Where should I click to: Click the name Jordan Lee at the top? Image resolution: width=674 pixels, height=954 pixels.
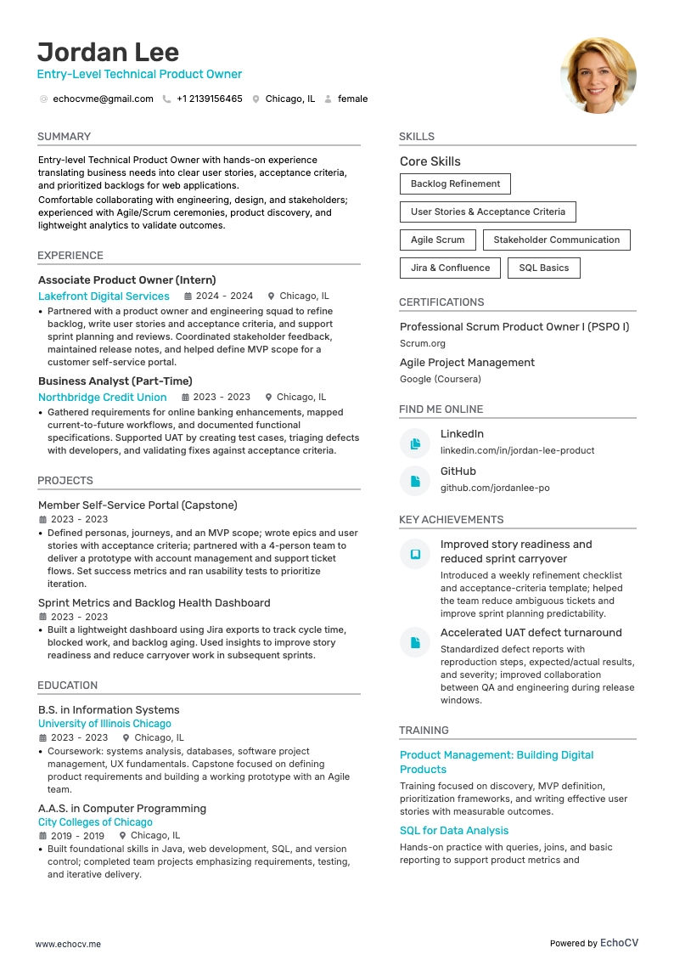pos(108,52)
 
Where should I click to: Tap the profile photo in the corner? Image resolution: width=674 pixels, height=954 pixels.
pos(598,75)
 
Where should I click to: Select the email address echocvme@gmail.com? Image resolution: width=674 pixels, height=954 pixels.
pos(103,99)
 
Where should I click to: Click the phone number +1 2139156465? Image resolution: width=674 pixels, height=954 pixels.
pos(209,99)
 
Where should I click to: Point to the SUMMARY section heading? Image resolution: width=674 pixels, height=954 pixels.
pos(64,137)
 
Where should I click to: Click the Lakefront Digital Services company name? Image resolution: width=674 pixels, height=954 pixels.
pos(104,296)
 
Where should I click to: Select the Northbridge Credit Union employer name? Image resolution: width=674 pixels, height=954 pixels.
pos(102,398)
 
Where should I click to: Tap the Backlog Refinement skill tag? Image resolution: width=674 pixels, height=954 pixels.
pos(455,183)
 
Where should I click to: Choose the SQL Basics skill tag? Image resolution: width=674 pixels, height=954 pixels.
pos(543,268)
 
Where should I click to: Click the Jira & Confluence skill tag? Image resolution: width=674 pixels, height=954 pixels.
pos(450,268)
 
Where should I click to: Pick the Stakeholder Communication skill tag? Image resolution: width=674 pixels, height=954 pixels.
pos(556,240)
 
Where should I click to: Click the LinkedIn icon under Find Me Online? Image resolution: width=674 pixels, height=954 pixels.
pos(415,443)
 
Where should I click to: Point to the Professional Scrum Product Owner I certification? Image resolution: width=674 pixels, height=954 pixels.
pos(514,327)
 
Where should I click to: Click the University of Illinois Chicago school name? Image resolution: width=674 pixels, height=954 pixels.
pos(104,724)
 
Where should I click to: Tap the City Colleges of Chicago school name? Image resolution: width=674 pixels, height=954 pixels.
pos(95,822)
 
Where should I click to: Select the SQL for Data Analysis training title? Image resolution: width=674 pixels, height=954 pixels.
pos(454,831)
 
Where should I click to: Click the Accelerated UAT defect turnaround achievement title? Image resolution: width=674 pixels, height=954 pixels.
pos(531,633)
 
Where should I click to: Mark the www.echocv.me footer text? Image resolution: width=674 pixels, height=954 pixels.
pos(68,944)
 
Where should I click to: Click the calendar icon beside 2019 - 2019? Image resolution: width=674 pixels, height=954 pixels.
pos(42,836)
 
